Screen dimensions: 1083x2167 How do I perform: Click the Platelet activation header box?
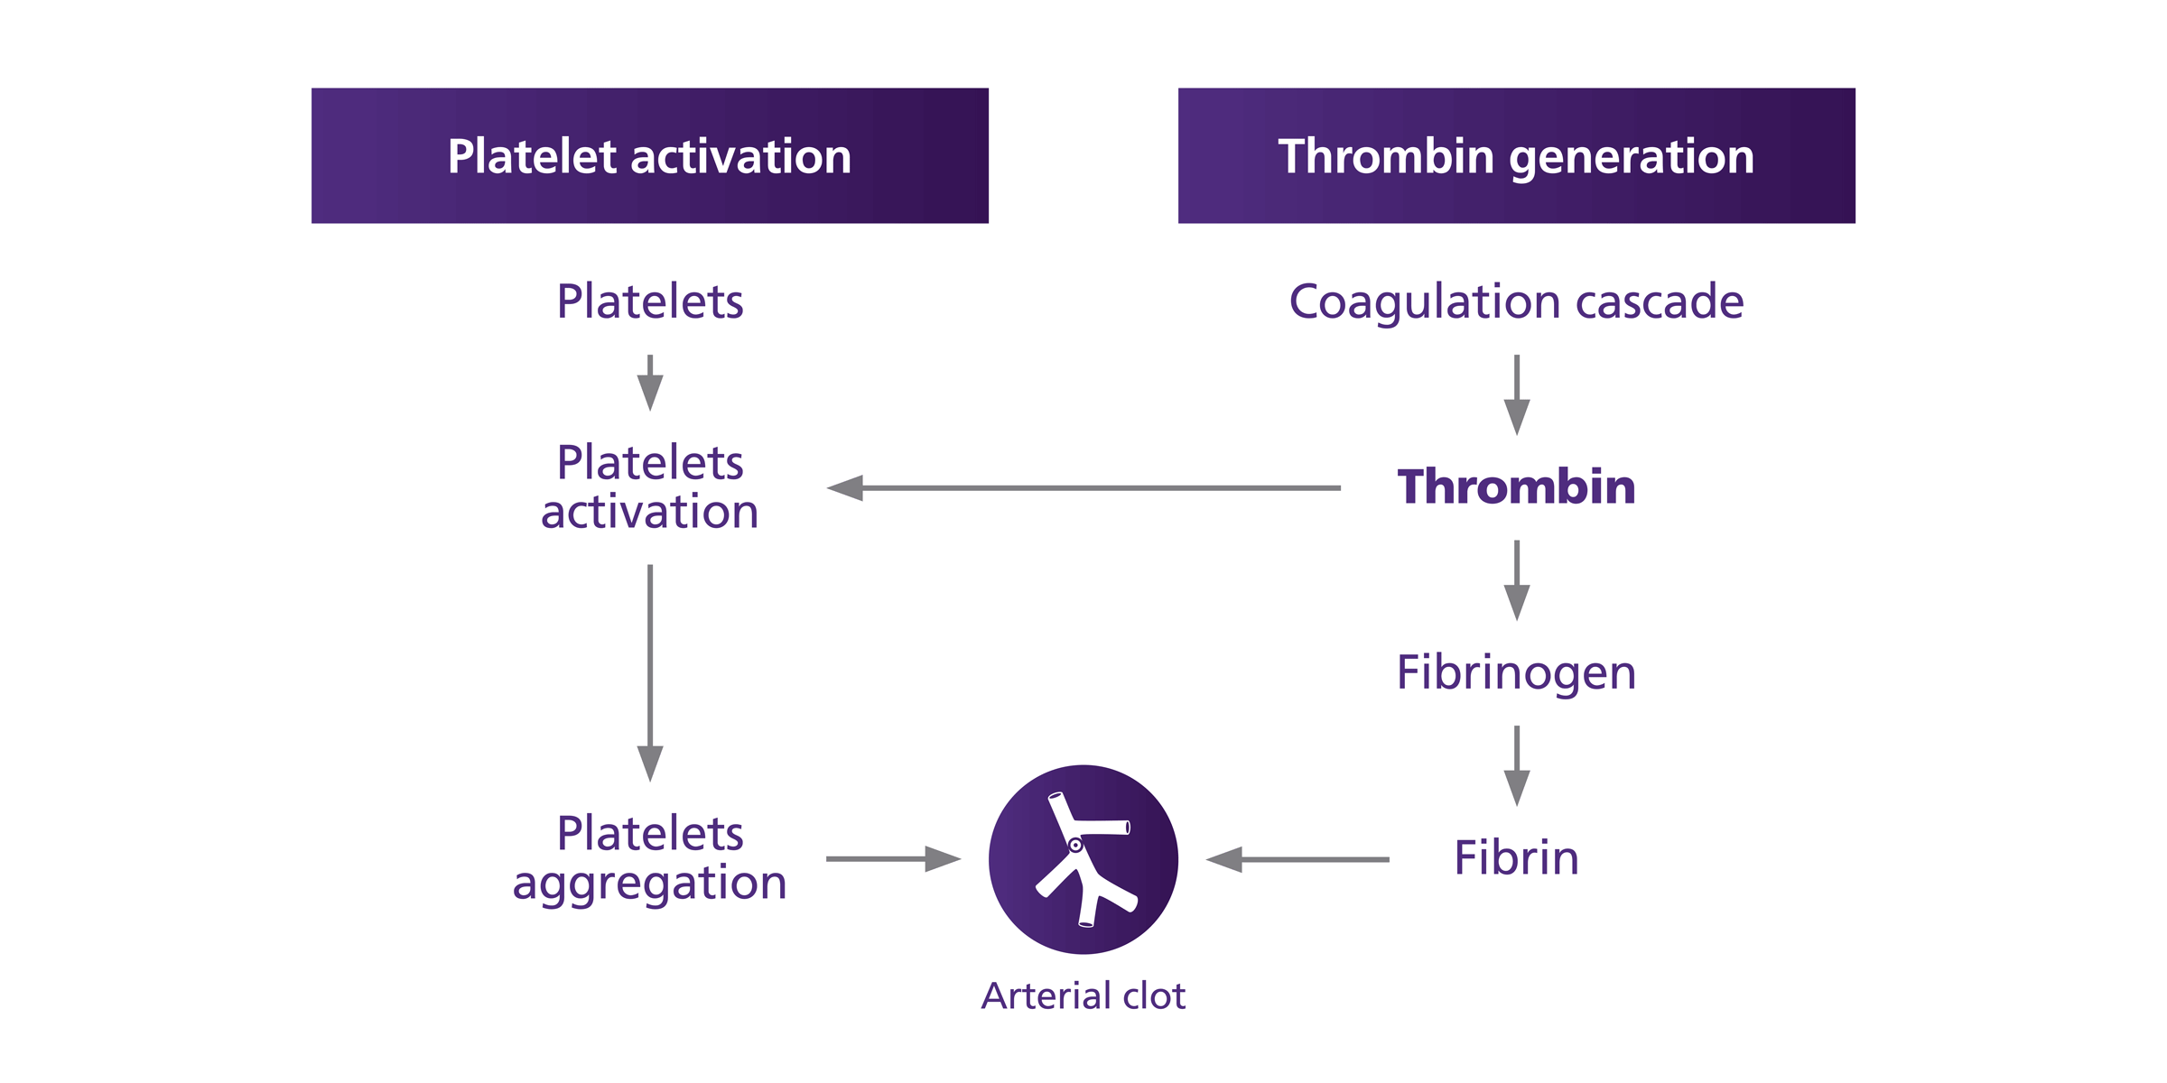[x=649, y=155]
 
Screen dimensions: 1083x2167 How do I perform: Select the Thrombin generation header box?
[x=1516, y=155]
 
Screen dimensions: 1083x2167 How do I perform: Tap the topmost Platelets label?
[x=649, y=301]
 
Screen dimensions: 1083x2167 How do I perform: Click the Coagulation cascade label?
[x=1516, y=301]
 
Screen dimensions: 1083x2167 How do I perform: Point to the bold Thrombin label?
[x=1516, y=487]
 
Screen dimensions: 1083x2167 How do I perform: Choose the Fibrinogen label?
[x=1516, y=672]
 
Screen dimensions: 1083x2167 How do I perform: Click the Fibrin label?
[x=1516, y=858]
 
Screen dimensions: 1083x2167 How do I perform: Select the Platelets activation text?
[x=649, y=487]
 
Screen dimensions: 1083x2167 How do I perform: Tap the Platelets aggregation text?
[x=649, y=858]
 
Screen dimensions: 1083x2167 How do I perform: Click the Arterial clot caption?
[x=1083, y=996]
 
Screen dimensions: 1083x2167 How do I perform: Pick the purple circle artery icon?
[x=1083, y=859]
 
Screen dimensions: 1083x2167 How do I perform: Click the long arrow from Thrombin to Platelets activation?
[x=1083, y=488]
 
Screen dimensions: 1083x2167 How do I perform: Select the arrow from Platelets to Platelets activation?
[x=650, y=383]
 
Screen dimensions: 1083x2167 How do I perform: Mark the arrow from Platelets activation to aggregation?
[x=650, y=672]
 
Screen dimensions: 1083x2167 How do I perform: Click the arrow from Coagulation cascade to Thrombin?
[x=1517, y=394]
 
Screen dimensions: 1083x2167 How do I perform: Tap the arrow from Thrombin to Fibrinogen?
[x=1517, y=579]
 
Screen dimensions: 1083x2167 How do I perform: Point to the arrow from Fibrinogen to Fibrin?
[x=1517, y=765]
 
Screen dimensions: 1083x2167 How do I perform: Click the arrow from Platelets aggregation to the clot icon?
[x=893, y=859]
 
